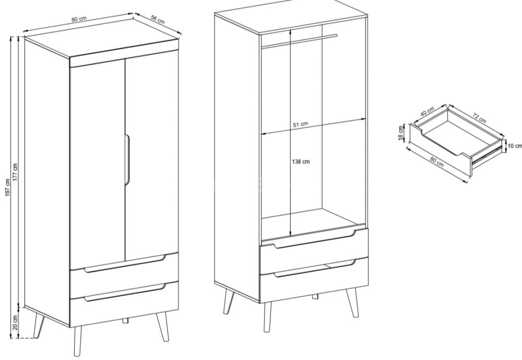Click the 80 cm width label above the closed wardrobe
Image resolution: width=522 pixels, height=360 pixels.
tap(79, 19)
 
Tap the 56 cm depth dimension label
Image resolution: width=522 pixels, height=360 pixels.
tap(158, 20)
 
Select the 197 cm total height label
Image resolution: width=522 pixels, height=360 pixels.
tap(8, 188)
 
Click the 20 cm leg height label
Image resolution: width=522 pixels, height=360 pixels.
tap(15, 322)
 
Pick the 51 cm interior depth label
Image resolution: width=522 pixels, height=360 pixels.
tap(300, 124)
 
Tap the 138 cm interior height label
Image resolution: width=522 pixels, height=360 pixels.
tap(301, 161)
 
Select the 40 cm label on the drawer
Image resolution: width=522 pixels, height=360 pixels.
tap(427, 111)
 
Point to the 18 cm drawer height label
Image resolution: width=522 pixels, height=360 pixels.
tap(401, 133)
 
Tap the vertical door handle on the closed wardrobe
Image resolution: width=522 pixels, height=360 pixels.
tap(127, 159)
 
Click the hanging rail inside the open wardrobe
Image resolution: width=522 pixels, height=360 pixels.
tap(299, 40)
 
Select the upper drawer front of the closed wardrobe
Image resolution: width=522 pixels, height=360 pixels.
tap(124, 275)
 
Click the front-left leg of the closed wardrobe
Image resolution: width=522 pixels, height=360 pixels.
tap(78, 341)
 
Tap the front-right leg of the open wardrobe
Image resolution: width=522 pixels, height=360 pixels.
tap(352, 303)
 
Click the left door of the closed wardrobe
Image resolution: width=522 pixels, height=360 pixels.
tap(98, 164)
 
